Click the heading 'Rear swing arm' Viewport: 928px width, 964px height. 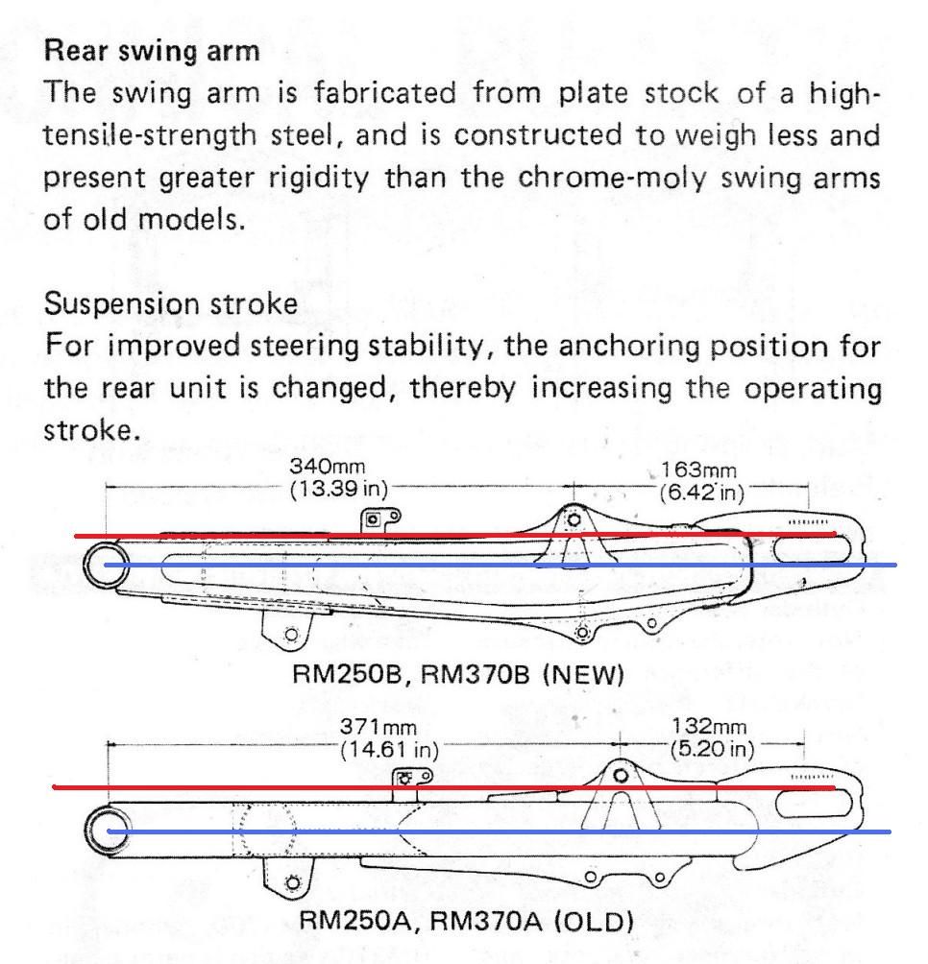pyautogui.click(x=152, y=51)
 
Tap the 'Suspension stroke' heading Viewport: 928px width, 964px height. pyautogui.click(x=171, y=303)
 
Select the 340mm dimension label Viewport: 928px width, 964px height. pyautogui.click(x=328, y=467)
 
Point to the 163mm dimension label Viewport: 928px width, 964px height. pyautogui.click(x=698, y=470)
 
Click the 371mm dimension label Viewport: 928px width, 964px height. pyautogui.click(x=379, y=727)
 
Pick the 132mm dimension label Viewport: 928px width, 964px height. pyautogui.click(x=708, y=727)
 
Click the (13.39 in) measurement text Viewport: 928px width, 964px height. pyautogui.click(x=339, y=490)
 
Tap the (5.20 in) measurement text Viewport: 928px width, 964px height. pyautogui.click(x=712, y=749)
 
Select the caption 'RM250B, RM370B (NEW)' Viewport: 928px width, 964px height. pyautogui.click(x=458, y=674)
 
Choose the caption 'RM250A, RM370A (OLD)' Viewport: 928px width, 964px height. pyautogui.click(x=466, y=921)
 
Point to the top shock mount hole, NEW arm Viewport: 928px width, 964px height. pyautogui.click(x=574, y=520)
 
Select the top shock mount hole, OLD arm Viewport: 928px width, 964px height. pyautogui.click(x=622, y=775)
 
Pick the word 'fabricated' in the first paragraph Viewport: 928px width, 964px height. pyautogui.click(x=385, y=93)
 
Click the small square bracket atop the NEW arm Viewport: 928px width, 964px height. pyautogui.click(x=373, y=520)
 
